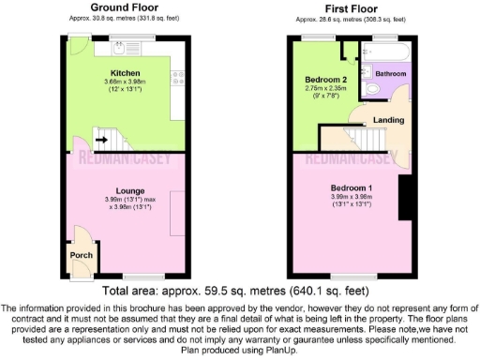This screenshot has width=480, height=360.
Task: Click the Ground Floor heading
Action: pyautogui.click(x=124, y=7)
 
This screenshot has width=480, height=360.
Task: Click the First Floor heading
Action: pyautogui.click(x=352, y=7)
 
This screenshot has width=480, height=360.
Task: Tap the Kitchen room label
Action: pyautogui.click(x=125, y=72)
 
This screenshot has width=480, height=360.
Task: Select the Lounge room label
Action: pyautogui.click(x=124, y=190)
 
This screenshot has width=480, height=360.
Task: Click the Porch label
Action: pyautogui.click(x=80, y=254)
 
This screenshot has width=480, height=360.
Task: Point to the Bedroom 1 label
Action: pyautogui.click(x=352, y=187)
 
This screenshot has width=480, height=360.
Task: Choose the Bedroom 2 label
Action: pyautogui.click(x=325, y=81)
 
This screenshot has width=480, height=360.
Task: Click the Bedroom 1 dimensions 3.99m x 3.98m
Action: pyautogui.click(x=352, y=197)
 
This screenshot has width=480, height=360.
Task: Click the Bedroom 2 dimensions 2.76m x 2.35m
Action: pyautogui.click(x=325, y=89)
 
